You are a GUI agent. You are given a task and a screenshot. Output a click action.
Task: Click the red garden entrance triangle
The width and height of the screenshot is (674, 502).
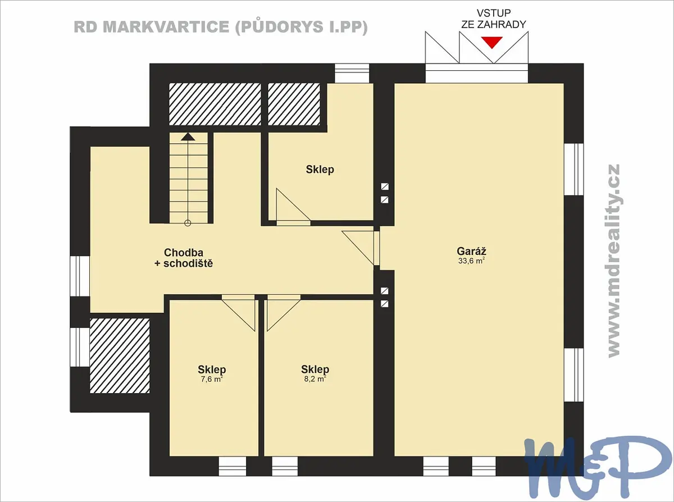(492, 42)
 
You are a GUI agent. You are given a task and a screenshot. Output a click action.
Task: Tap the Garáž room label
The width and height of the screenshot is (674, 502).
(472, 252)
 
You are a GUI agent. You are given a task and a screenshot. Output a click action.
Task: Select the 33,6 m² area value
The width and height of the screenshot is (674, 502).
(471, 261)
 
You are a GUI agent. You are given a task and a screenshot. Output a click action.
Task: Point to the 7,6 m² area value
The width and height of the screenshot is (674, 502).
(212, 379)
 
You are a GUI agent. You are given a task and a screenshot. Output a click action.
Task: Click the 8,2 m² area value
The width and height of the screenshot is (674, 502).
(315, 379)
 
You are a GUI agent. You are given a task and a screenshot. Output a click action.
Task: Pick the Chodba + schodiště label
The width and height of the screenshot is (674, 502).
(184, 258)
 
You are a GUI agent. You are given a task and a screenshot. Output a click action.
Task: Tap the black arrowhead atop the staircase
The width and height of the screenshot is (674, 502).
(188, 137)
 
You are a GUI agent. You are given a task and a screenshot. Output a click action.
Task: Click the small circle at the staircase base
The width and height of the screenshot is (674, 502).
(188, 223)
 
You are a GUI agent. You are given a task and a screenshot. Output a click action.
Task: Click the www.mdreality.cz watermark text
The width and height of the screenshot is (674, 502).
(614, 261)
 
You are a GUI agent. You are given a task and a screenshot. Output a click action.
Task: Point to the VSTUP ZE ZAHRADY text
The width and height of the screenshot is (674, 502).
(494, 19)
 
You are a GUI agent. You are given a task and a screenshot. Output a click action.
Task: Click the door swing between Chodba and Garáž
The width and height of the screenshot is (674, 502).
(361, 248)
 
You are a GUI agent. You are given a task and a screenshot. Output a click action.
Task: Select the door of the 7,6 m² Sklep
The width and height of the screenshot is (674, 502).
(238, 313)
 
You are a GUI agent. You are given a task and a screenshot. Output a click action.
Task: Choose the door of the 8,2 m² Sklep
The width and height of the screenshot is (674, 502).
(284, 313)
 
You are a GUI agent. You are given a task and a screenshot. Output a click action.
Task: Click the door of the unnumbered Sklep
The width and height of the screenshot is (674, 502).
(293, 207)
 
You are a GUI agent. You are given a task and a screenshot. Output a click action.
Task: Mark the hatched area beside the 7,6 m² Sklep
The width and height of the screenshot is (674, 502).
(120, 356)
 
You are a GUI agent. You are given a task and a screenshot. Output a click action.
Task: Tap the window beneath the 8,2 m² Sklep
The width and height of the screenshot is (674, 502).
(285, 467)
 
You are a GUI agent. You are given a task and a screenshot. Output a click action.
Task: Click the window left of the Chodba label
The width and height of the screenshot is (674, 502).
(80, 276)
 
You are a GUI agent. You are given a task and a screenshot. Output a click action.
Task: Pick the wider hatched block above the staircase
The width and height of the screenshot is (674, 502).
(215, 104)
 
